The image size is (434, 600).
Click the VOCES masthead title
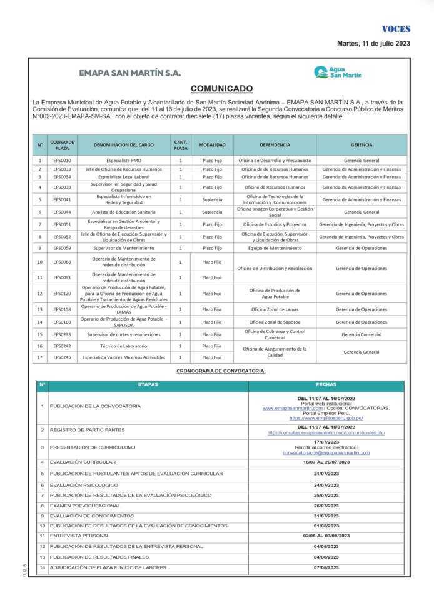396,29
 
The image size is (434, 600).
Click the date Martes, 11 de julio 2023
373,44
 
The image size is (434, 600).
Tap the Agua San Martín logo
338,72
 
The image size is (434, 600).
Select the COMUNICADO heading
221,89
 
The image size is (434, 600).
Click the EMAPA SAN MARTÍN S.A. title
130,72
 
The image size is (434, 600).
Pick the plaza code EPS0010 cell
62,161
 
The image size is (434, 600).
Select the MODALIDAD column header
212,145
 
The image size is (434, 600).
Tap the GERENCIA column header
361,145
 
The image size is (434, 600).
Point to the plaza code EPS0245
62,357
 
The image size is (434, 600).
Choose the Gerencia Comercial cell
361,334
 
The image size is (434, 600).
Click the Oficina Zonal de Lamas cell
275,309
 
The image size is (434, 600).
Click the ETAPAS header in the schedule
148,384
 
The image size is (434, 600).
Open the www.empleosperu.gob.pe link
326,418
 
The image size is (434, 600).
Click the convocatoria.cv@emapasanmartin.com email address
326,453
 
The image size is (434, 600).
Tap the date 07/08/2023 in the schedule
326,567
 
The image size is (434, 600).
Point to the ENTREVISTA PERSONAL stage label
79,536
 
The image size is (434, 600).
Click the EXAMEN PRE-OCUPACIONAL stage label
85,505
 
